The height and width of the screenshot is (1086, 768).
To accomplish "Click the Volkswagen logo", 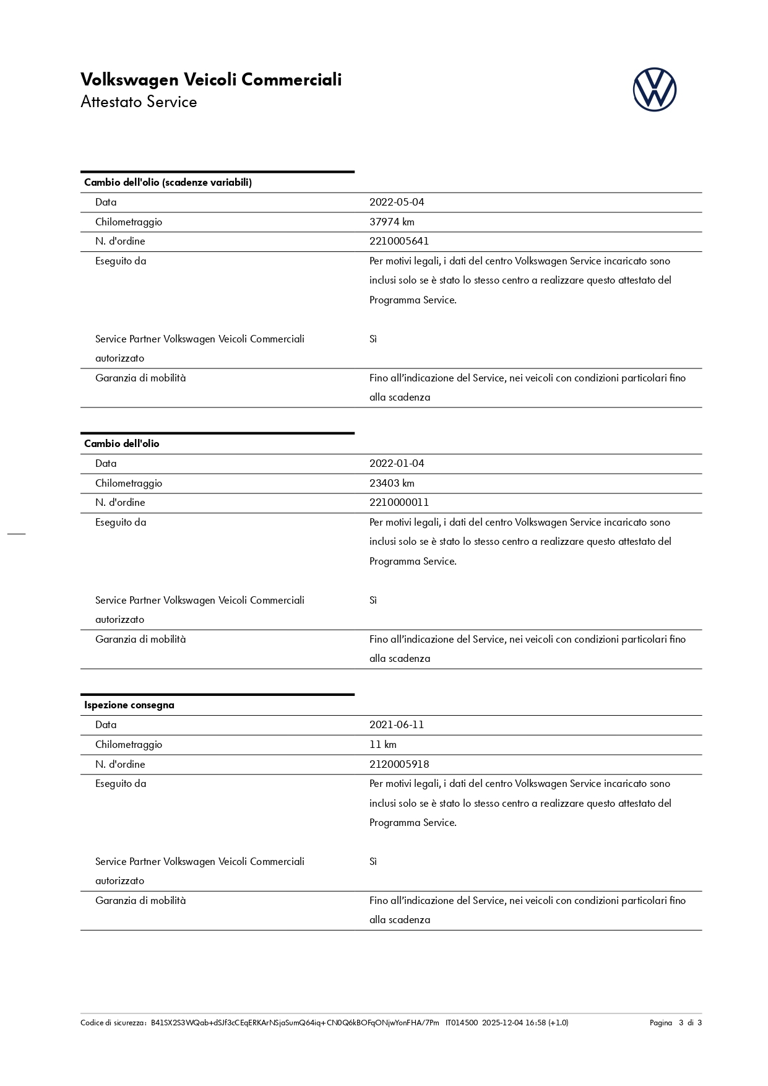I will point(654,90).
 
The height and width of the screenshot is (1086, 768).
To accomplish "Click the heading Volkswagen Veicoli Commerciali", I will point(211,80).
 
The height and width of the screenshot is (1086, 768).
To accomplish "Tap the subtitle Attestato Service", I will point(139,102).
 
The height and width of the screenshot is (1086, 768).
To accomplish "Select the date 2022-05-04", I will point(397,202).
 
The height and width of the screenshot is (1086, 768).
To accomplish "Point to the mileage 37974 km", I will point(392,222).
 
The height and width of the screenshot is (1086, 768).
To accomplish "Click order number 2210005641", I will point(399,241).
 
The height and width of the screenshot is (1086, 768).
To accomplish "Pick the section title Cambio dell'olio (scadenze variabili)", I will point(168,183).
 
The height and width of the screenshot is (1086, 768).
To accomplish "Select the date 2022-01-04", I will point(397,464).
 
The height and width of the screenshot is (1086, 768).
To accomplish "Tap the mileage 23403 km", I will point(392,483).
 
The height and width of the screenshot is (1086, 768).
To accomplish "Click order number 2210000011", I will point(399,503).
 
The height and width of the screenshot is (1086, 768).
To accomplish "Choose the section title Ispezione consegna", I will point(129,705).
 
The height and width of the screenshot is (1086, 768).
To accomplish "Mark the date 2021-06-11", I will point(397,725).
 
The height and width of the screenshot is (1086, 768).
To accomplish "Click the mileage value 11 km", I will point(383,745).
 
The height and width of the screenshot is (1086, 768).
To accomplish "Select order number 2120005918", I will point(399,765).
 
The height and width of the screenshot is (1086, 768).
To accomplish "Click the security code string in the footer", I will point(295,1023).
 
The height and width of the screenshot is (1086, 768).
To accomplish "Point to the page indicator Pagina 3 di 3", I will point(675,1023).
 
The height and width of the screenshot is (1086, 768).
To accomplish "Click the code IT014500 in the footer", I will point(462,1023).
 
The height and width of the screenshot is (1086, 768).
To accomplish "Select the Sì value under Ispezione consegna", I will point(373,862).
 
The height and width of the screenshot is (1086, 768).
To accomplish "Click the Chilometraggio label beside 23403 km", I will point(129,483).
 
